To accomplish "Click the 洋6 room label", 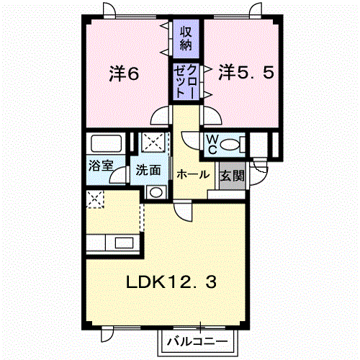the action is pos(124,73).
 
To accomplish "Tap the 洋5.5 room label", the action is pos(246,72).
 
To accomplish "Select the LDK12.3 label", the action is pos(171,282).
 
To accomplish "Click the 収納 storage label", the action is pos(186,38).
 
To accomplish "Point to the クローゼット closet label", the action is pos(186,81).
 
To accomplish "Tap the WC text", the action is pos(212,144).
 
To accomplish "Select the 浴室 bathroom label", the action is pos(101,165).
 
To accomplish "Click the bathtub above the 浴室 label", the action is pos(106,143).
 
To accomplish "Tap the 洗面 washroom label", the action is pos(148,170).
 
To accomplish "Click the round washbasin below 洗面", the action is pos(156,192).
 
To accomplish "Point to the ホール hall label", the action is pos(193,174).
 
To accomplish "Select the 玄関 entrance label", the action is pos(233,176).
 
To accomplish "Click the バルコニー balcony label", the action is pos(197,341).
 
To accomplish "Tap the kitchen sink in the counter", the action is pos(124,243).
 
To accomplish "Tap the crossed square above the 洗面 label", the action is pos(153,143).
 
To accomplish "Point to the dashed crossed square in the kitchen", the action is pos(95,199).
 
